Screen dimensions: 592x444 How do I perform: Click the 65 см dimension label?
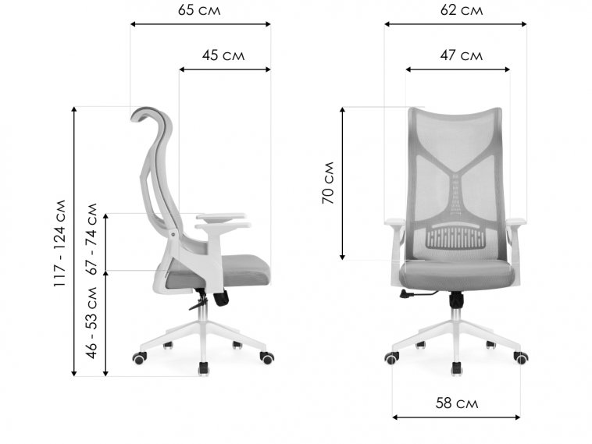pyautogui.click(x=199, y=10)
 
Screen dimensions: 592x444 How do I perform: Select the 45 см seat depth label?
pyautogui.click(x=223, y=55)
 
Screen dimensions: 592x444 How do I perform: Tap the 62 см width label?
pyautogui.click(x=462, y=10)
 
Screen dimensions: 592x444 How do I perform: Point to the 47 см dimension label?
pyautogui.click(x=461, y=55)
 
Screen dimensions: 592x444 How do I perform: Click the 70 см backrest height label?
pyautogui.click(x=328, y=183)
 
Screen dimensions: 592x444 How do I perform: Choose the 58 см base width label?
pyautogui.click(x=457, y=403)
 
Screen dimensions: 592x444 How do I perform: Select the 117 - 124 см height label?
pyautogui.click(x=59, y=243)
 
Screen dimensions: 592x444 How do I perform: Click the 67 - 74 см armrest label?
pyautogui.click(x=91, y=239)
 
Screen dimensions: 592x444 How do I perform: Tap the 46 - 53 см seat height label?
pyautogui.click(x=91, y=323)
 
